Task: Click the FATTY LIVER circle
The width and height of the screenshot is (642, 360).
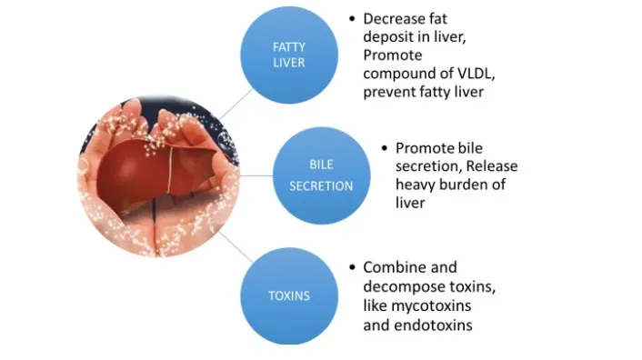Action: click(x=289, y=54)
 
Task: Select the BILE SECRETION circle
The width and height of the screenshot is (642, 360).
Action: click(x=320, y=175)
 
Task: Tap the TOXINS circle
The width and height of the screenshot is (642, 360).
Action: click(x=288, y=295)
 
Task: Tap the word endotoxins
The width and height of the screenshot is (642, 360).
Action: click(x=432, y=325)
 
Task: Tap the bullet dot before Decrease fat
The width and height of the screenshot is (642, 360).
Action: click(x=351, y=18)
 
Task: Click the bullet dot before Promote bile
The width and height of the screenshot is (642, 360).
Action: click(x=385, y=147)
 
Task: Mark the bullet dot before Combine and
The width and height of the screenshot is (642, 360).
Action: click(x=351, y=267)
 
